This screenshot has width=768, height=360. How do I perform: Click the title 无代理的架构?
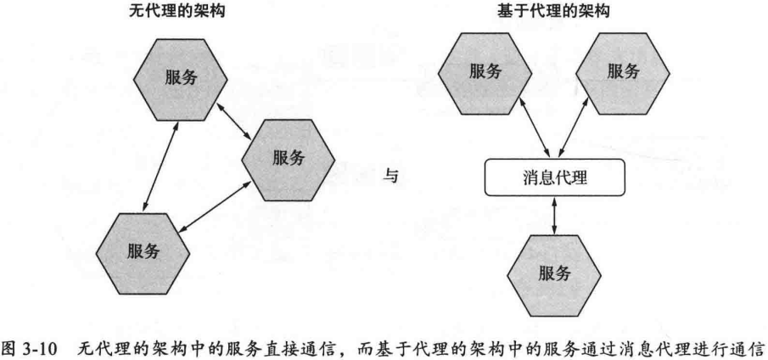point(179,11)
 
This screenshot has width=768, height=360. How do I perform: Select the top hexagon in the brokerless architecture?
point(180,77)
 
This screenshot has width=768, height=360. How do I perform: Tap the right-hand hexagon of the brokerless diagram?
point(289,158)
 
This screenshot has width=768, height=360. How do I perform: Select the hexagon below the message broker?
point(554,273)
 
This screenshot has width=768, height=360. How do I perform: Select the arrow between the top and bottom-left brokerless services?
point(161,164)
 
